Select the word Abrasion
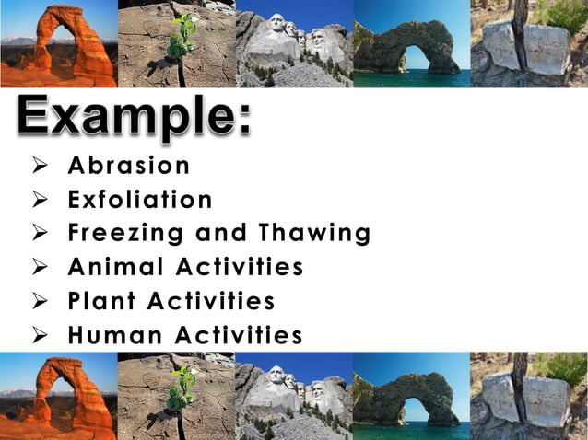pyautogui.click(x=128, y=166)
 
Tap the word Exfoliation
pyautogui.click(x=140, y=200)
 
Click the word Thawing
pyautogui.click(x=314, y=234)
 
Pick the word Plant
pyautogui.click(x=102, y=302)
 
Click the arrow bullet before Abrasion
pyautogui.click(x=40, y=167)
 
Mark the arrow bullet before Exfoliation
pyautogui.click(x=40, y=201)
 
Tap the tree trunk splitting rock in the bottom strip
pyautogui.click(x=520, y=391)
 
